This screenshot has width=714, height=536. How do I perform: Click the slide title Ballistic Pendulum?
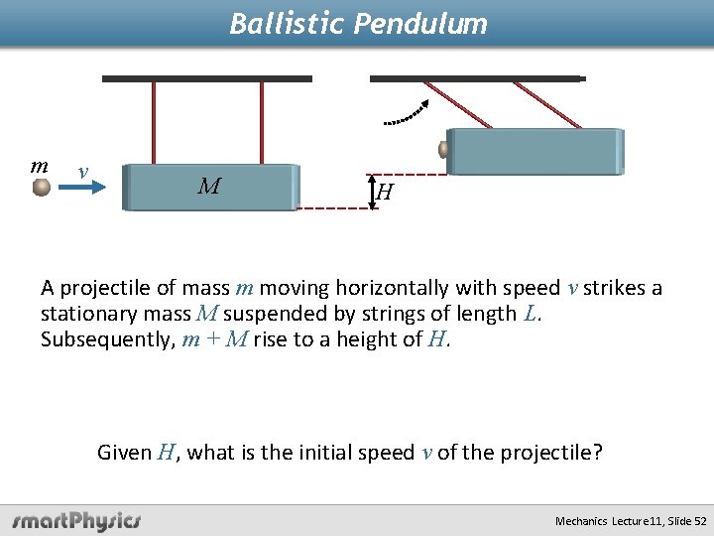pos(358,23)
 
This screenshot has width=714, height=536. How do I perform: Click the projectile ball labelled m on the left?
pos(41,187)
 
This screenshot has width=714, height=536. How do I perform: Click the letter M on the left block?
pos(208,186)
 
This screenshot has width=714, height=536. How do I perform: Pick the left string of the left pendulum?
pos(154,122)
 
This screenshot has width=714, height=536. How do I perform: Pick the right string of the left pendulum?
pos(262,122)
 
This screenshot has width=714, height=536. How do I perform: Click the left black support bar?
pos(206,78)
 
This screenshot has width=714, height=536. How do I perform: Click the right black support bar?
pos(477,78)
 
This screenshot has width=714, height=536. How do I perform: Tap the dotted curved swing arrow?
pos(408,115)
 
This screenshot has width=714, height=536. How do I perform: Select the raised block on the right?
pos(535,152)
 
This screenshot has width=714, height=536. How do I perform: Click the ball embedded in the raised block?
pos(444,150)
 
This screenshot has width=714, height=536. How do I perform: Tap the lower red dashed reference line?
pos(333,208)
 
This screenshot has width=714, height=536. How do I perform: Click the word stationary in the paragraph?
pos(84,315)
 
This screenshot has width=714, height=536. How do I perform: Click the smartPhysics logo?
pos(77,520)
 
